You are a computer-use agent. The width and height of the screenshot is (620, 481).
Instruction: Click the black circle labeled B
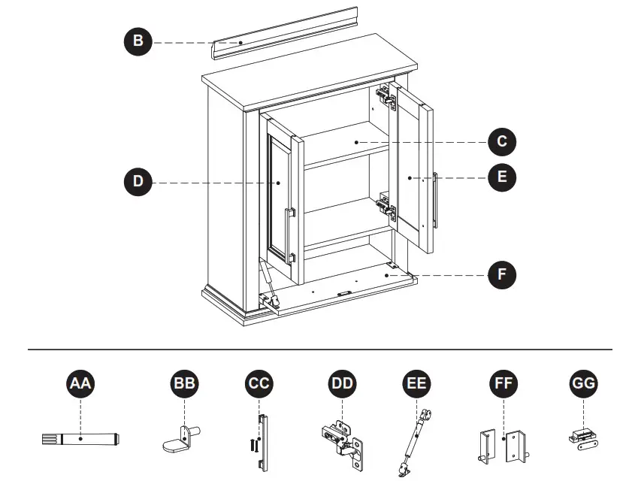(138, 42)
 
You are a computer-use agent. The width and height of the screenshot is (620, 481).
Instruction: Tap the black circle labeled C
(502, 141)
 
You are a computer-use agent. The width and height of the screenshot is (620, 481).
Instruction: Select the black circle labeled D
(138, 182)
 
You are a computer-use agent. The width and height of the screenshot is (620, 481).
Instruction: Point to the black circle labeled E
(502, 177)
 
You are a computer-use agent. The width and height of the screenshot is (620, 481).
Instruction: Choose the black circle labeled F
(502, 274)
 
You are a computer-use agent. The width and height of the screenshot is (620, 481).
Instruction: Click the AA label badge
(81, 384)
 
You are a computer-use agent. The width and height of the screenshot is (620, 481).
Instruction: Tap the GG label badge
(584, 384)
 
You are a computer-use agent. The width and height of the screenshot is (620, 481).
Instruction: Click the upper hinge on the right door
(386, 97)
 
